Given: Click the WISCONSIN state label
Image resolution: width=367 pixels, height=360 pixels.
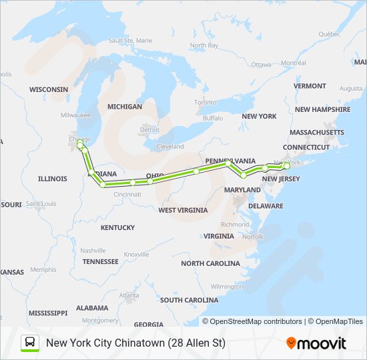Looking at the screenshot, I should [x=49, y=89].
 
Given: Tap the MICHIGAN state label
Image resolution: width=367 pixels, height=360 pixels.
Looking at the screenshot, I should [x=125, y=107].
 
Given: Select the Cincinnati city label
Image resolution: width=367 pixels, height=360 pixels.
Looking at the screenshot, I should [x=127, y=194].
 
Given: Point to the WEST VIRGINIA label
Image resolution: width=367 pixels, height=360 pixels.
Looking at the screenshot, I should [x=183, y=210].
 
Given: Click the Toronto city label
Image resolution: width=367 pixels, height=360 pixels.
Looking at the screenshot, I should [x=205, y=102].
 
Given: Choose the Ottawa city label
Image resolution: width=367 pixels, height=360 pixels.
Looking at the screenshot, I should [x=261, y=65].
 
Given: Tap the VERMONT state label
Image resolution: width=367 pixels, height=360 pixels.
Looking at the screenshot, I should [x=310, y=86].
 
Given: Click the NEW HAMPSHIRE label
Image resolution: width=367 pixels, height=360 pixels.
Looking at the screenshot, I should [x=322, y=109].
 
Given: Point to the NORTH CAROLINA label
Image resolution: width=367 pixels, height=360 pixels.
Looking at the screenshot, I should [x=210, y=263].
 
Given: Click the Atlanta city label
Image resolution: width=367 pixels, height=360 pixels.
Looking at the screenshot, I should [x=129, y=295].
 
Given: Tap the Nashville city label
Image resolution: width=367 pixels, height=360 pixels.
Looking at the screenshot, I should [x=93, y=250].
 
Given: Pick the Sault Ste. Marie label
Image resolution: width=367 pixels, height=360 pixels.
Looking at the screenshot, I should [x=130, y=41].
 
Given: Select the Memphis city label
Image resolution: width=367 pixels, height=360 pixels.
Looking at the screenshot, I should [x=43, y=269].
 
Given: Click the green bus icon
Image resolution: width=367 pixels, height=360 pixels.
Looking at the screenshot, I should [x=30, y=343].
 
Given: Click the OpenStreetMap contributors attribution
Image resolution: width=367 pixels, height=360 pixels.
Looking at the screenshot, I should [x=252, y=321].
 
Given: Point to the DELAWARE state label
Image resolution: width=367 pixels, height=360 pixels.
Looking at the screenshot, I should [x=266, y=207].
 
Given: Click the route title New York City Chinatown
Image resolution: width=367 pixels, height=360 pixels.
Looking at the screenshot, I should [x=135, y=343].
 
